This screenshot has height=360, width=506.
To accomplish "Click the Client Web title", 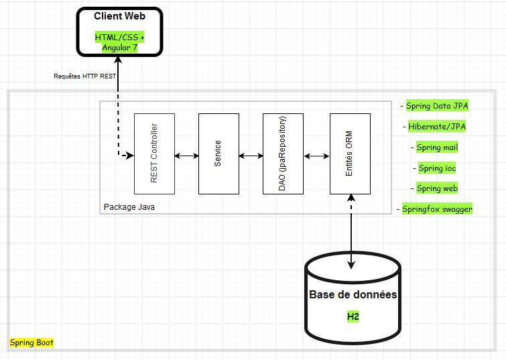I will pyautogui.click(x=119, y=16).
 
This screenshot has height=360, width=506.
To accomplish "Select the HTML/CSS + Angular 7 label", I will pyautogui.click(x=119, y=42).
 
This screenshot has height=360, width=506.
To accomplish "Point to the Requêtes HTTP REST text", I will pyautogui.click(x=85, y=76).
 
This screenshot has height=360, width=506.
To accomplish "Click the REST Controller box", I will pyautogui.click(x=155, y=154).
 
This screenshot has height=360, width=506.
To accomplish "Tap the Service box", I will pyautogui.click(x=218, y=154).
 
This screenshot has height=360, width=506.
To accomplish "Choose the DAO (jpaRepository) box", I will pyautogui.click(x=283, y=154).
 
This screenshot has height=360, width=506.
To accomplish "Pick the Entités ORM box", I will pyautogui.click(x=350, y=154).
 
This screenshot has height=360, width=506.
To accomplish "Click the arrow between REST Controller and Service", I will pyautogui.click(x=186, y=156).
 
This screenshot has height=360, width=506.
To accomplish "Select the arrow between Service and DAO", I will pyautogui.click(x=251, y=156).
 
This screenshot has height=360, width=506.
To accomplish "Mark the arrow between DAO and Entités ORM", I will pyautogui.click(x=316, y=156).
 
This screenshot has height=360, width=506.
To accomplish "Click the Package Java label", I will pyautogui.click(x=129, y=207).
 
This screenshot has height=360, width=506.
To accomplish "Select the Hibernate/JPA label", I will pyautogui.click(x=437, y=126).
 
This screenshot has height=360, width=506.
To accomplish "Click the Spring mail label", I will pyautogui.click(x=437, y=147).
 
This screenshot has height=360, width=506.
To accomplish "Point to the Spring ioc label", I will pyautogui.click(x=437, y=168).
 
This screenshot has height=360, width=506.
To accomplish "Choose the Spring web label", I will pyautogui.click(x=437, y=188).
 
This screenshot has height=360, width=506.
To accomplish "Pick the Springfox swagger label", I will pyautogui.click(x=437, y=209).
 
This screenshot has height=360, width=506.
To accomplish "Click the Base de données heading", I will pyautogui.click(x=353, y=295).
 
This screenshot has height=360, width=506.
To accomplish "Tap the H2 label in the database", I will pyautogui.click(x=353, y=316).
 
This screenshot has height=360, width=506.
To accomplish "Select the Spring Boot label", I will pyautogui.click(x=31, y=343).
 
